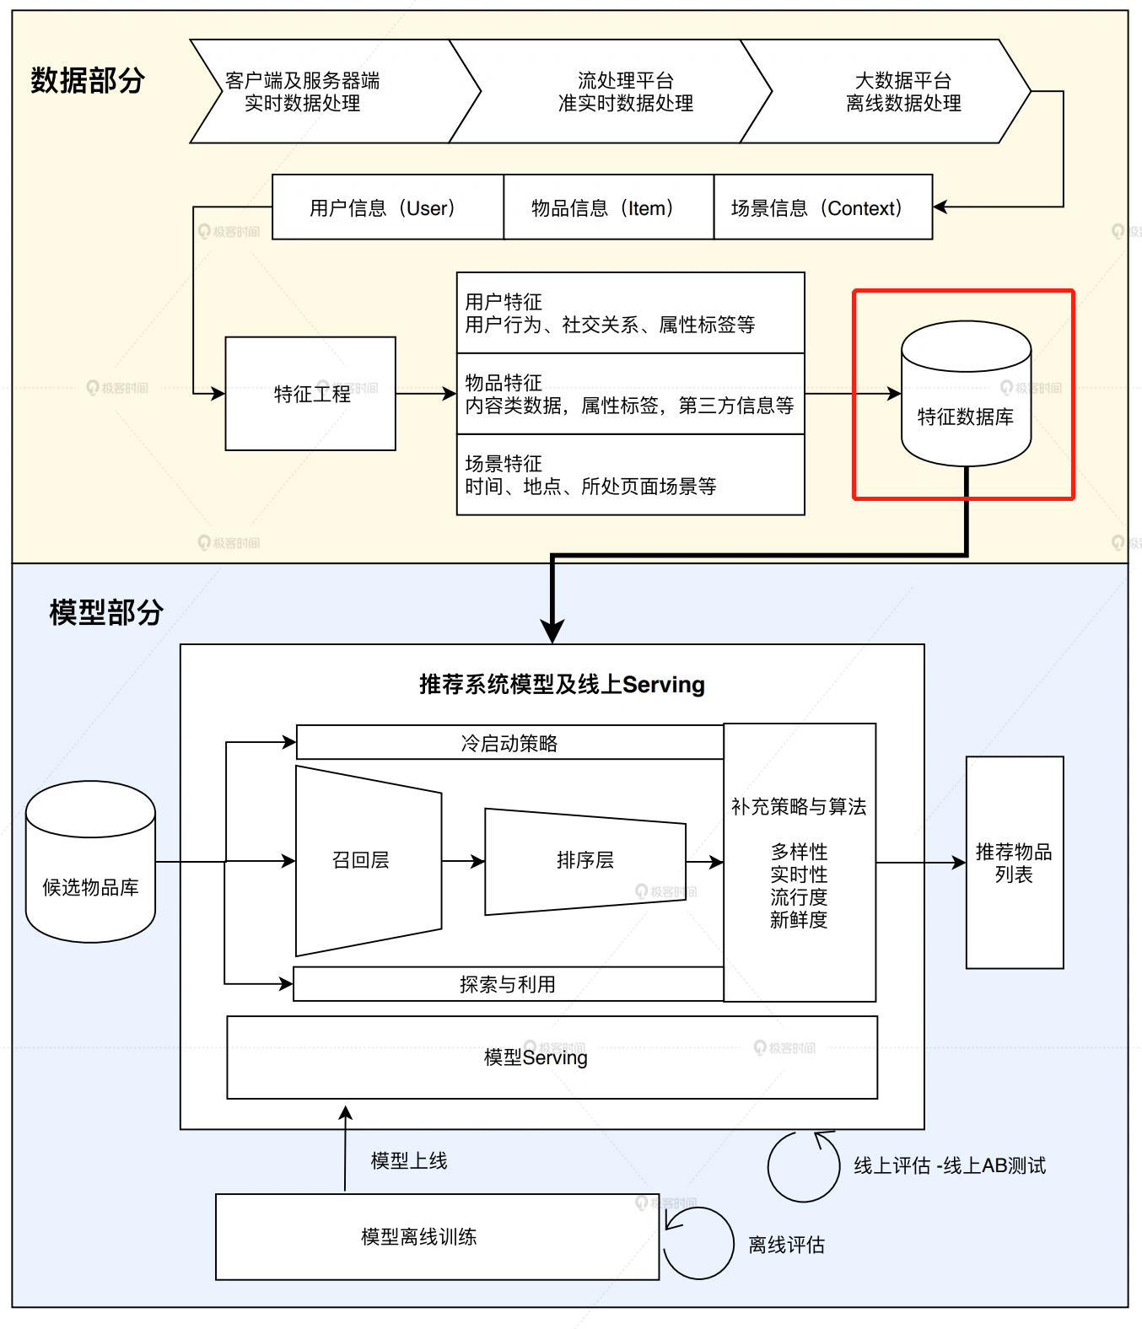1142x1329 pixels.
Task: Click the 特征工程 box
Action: (x=310, y=394)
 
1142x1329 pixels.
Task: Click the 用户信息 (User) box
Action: (x=387, y=207)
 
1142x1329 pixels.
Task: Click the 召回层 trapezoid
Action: (x=363, y=860)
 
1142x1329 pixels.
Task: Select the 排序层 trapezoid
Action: (x=584, y=861)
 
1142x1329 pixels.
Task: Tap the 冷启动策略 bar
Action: (x=509, y=743)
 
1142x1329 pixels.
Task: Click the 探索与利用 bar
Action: (x=508, y=984)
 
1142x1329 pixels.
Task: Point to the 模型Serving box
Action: (x=552, y=1057)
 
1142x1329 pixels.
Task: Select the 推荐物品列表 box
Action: (x=1014, y=863)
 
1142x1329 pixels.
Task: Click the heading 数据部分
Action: (x=88, y=81)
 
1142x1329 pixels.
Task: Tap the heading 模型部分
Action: (x=106, y=612)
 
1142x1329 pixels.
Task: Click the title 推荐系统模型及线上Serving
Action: (x=562, y=685)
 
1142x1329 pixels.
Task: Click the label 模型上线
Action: (x=409, y=1161)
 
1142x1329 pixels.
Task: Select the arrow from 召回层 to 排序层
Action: (x=463, y=861)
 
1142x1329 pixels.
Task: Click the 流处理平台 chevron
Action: (x=625, y=91)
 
